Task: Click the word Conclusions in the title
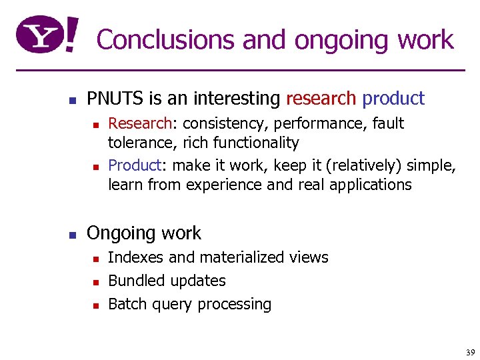coord(166,40)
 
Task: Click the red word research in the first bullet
coord(321,99)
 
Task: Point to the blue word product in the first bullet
coord(393,99)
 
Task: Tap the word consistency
coord(227,123)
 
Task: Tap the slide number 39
coord(470,352)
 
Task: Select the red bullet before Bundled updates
coord(95,282)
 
